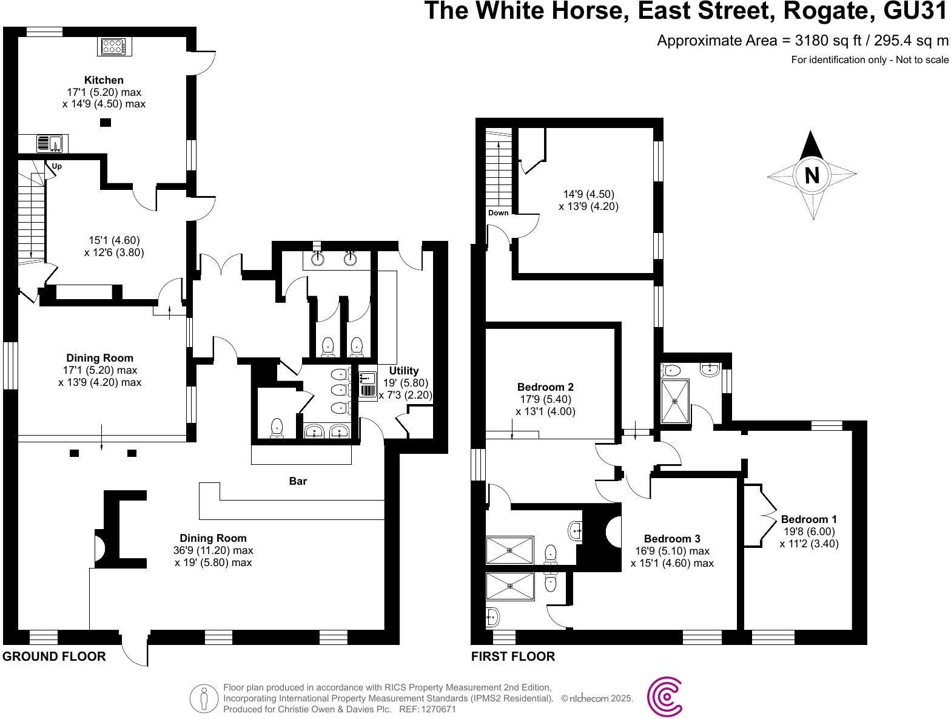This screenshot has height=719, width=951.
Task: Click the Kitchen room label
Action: pos(104,80)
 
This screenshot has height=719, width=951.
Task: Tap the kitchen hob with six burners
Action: pos(113,47)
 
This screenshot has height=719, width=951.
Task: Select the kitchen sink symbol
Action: pos(52,144)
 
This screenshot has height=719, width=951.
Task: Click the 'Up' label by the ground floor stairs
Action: pos(57,166)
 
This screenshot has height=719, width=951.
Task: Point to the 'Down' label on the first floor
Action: pos(499,213)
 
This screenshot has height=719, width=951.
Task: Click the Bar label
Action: pos(298,481)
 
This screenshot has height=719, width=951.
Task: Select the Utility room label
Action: pos(404,371)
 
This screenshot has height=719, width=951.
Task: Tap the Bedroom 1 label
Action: pos(808,519)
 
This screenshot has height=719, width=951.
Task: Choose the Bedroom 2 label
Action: pos(545,387)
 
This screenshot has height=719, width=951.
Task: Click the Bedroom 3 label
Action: pos(672,539)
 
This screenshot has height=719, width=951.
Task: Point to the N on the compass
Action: pos(812,175)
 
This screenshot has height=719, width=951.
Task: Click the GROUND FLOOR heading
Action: pos(54,657)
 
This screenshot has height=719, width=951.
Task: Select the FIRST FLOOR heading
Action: pos(513,657)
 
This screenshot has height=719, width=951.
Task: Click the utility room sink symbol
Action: pos(368,383)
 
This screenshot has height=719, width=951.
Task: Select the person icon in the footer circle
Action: pos(204,698)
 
